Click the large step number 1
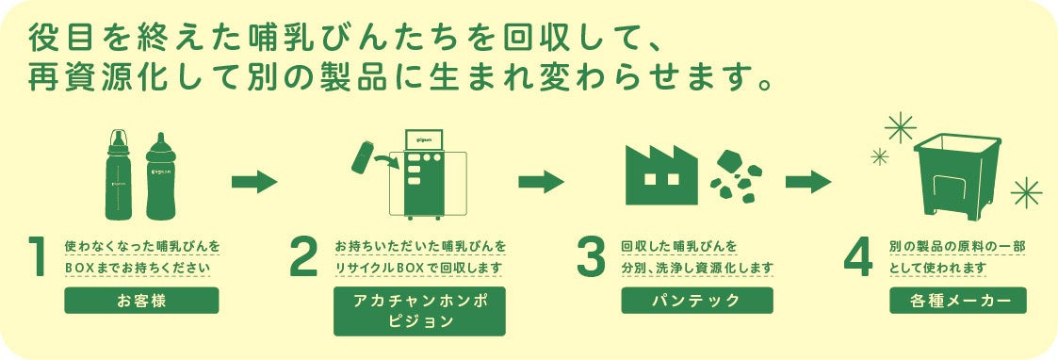click(38, 256)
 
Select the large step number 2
click(303, 256)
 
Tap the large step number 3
click(591, 256)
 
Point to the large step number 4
click(858, 256)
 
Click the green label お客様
click(141, 301)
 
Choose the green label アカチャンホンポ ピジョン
click(419, 311)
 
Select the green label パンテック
click(697, 301)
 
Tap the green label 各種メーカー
click(958, 301)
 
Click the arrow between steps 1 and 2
click(254, 182)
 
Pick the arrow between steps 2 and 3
click(541, 182)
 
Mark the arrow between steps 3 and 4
click(808, 182)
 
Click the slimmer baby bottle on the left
click(119, 174)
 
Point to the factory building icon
click(661, 175)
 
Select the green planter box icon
click(957, 175)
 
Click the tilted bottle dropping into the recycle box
click(363, 156)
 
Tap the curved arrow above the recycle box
click(386, 161)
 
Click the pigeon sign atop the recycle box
click(423, 139)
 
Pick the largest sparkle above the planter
click(901, 127)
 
